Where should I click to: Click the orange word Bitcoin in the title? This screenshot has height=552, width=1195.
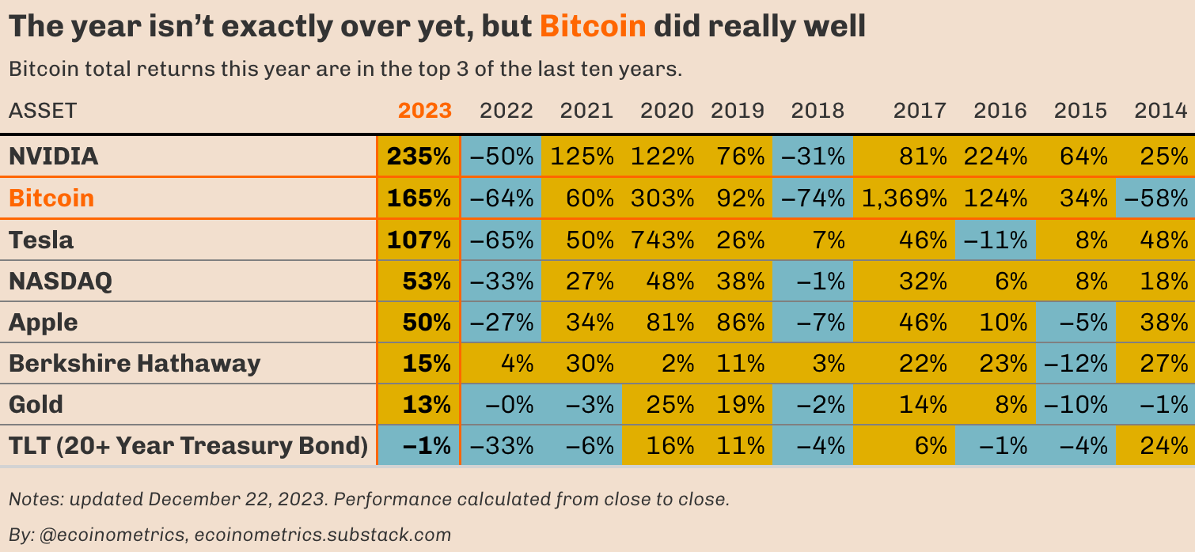coord(593,27)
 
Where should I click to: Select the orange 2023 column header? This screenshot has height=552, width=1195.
coord(425,110)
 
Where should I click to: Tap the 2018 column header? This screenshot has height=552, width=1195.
coord(818,110)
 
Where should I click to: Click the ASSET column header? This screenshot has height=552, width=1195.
coord(43,110)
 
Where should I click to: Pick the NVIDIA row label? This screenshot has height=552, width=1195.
coord(54,156)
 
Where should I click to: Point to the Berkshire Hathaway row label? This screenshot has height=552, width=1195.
coord(135,363)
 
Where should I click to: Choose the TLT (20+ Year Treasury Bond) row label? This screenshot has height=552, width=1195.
coord(188,446)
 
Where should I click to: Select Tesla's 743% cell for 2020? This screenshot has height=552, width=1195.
coord(662,239)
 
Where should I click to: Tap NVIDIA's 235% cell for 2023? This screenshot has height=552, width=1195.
coord(419,156)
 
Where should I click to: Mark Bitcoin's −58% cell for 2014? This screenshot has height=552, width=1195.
coord(1155,198)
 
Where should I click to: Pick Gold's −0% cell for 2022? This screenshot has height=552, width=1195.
coord(502,405)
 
